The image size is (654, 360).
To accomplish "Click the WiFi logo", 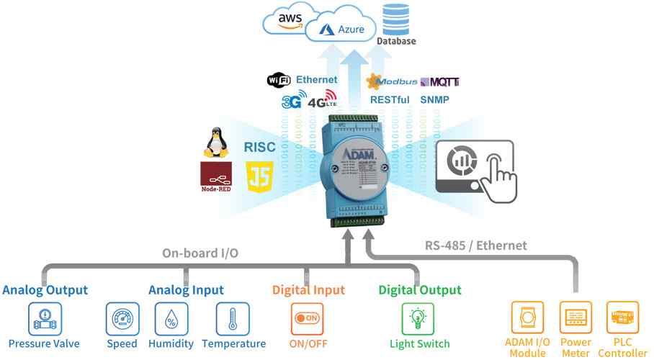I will tap(279, 80).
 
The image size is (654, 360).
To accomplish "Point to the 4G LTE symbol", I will tap(322, 99).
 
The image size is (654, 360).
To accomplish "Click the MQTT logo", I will tap(439, 82).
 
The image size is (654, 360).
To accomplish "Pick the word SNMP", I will tap(435, 100).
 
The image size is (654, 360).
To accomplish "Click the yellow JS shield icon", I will tap(259, 176).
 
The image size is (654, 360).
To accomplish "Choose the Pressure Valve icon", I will tap(45, 317).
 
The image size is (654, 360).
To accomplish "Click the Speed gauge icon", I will tap(122, 317).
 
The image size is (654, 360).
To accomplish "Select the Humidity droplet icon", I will tap(171, 317).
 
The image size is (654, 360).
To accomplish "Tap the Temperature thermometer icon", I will tap(233, 317).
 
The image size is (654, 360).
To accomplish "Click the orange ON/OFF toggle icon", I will tap(308, 318).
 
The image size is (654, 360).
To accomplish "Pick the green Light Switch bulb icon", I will tap(418, 317).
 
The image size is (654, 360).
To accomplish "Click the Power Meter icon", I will tap(575, 317).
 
